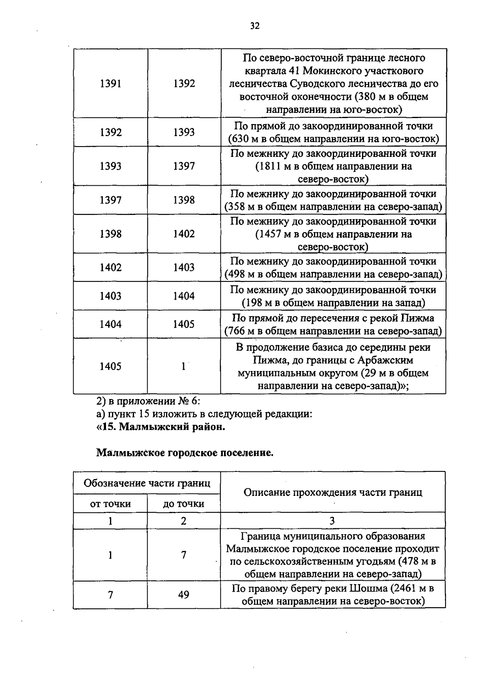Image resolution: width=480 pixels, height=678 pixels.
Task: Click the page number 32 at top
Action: click(x=255, y=26)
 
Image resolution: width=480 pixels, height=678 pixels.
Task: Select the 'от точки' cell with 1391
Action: click(x=110, y=83)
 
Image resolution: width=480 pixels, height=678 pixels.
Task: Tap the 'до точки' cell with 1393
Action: click(x=184, y=132)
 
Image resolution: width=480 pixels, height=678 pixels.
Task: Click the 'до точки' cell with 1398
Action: click(x=184, y=200)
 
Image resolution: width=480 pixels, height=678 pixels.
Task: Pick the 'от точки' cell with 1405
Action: click(x=110, y=366)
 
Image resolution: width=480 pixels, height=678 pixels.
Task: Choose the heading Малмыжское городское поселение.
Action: click(x=185, y=453)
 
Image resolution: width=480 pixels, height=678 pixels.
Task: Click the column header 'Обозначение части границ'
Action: click(x=147, y=483)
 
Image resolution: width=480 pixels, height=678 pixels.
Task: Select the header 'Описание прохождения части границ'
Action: click(x=333, y=492)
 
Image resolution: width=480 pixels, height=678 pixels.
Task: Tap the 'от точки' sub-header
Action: click(x=110, y=504)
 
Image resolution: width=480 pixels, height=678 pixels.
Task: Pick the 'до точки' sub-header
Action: click(x=184, y=504)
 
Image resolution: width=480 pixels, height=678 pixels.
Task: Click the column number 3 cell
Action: click(x=332, y=521)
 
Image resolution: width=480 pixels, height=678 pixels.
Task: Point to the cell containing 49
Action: click(x=184, y=595)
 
